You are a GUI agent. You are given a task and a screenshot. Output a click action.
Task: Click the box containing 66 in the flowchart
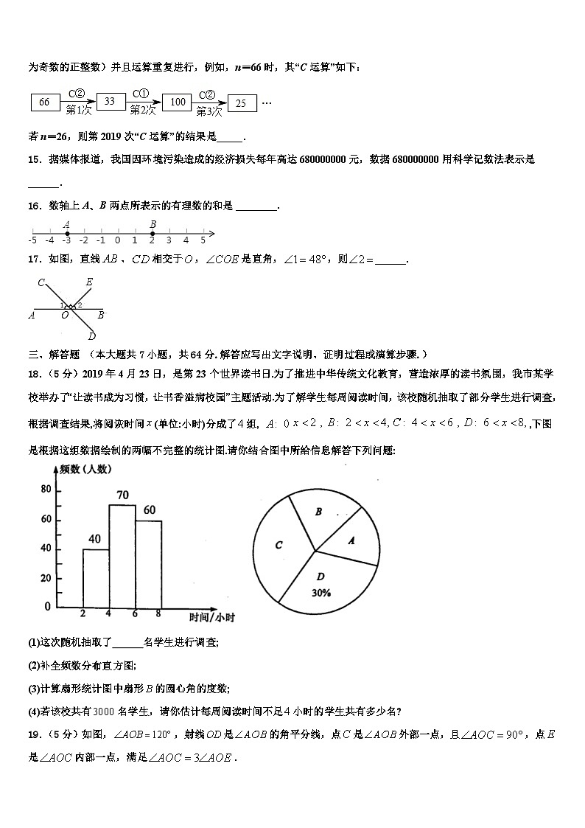pyautogui.click(x=44, y=102)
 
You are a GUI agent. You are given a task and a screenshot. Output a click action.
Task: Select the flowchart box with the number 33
pyautogui.click(x=111, y=102)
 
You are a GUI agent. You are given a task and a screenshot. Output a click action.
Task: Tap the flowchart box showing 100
pyautogui.click(x=176, y=102)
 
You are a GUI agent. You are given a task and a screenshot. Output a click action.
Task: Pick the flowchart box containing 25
pyautogui.click(x=242, y=104)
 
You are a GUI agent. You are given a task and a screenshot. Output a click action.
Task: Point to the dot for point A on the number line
pyautogui.click(x=67, y=232)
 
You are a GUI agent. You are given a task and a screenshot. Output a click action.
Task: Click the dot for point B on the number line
pyautogui.click(x=153, y=232)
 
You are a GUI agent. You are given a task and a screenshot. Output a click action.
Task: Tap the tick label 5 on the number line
pyautogui.click(x=203, y=240)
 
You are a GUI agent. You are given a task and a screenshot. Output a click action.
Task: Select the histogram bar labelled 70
pyautogui.click(x=122, y=556)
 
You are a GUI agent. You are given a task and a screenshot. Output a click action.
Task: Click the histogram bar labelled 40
pyautogui.click(x=96, y=578)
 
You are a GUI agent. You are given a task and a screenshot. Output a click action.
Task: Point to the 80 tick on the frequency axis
pyautogui.click(x=46, y=490)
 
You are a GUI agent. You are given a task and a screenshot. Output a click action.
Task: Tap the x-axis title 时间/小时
pyautogui.click(x=211, y=617)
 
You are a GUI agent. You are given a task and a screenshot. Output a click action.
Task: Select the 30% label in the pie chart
pyautogui.click(x=320, y=592)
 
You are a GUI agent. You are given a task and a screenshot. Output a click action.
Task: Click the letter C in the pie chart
pyautogui.click(x=279, y=546)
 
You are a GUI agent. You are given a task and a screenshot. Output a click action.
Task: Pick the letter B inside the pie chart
pyautogui.click(x=318, y=512)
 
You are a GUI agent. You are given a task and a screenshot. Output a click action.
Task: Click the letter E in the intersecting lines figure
pyautogui.click(x=89, y=281)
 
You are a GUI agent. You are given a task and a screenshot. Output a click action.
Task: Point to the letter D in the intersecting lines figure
pyautogui.click(x=91, y=336)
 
